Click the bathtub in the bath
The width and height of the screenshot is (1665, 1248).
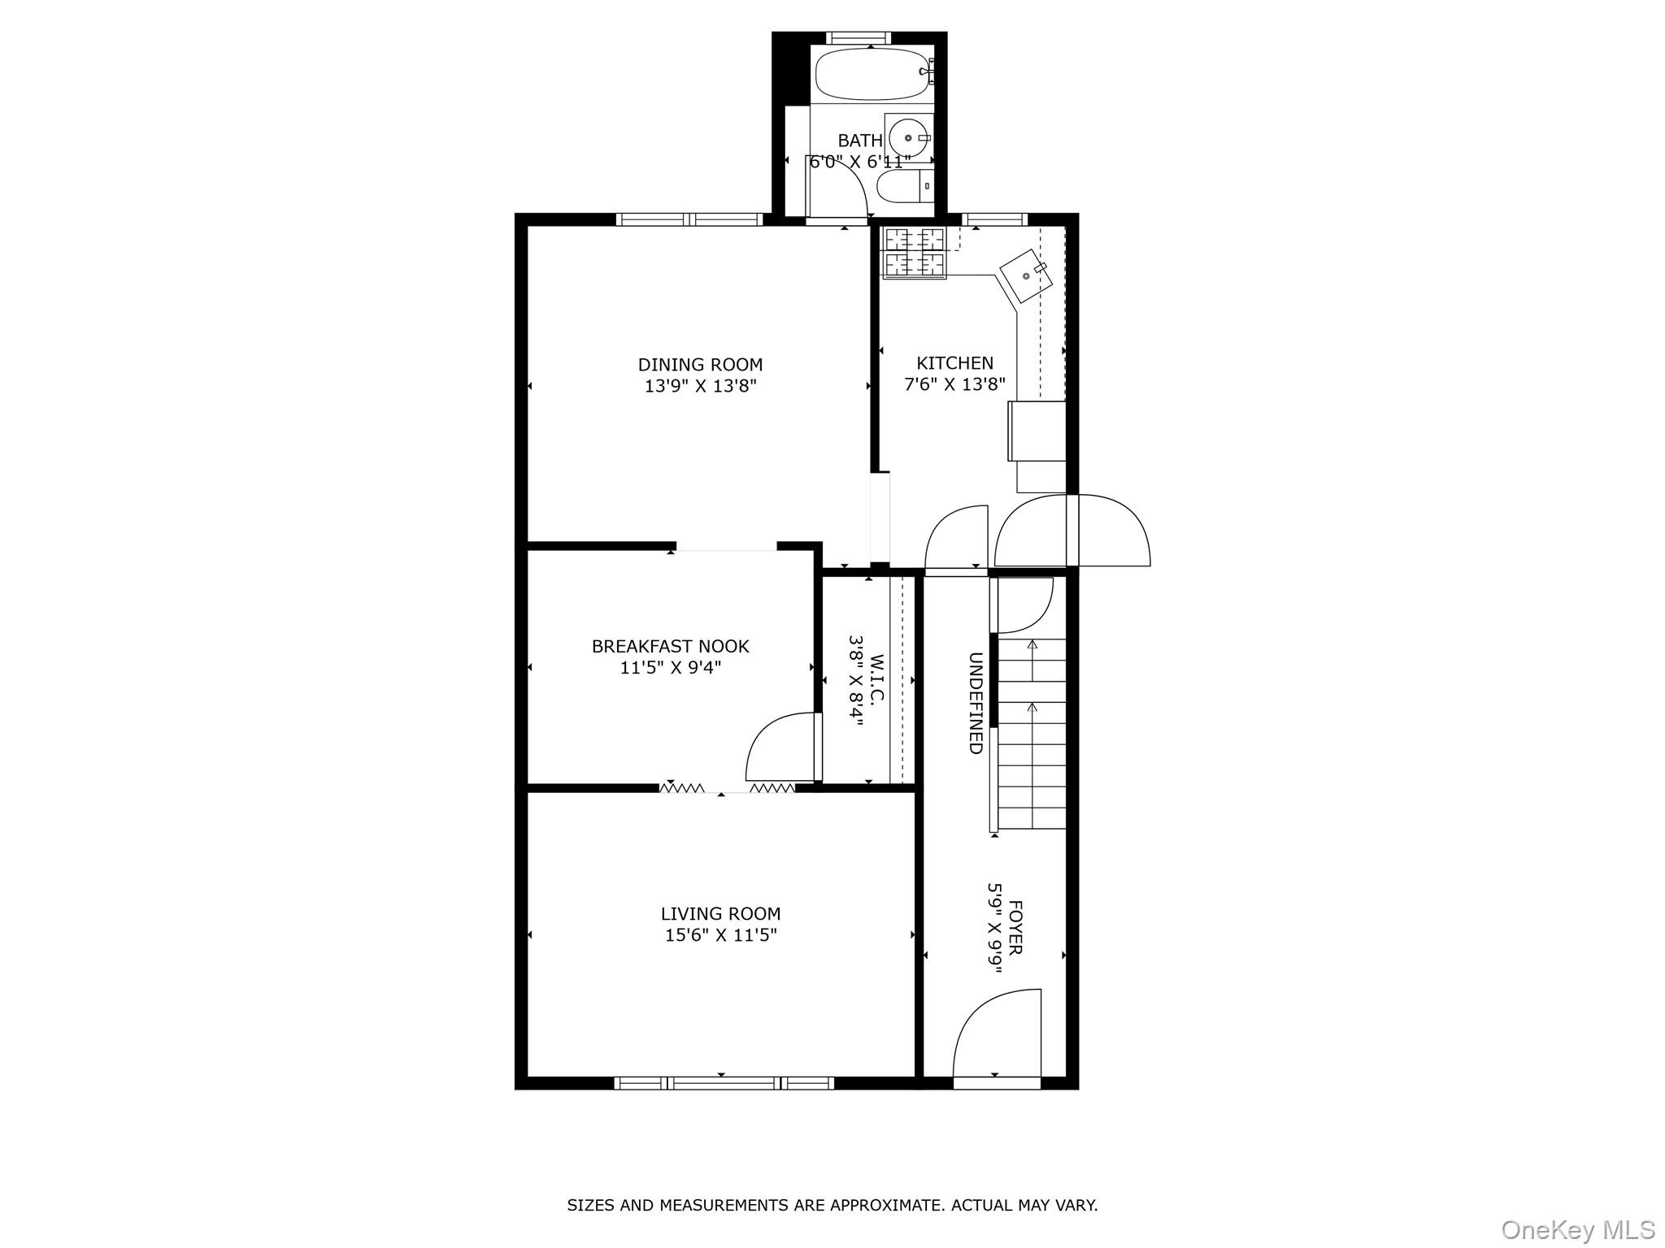[872, 74]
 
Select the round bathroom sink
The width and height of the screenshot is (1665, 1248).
[907, 138]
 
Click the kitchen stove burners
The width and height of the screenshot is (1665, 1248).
[915, 252]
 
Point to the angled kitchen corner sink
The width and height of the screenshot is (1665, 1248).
[1027, 275]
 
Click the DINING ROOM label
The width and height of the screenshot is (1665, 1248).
[700, 365]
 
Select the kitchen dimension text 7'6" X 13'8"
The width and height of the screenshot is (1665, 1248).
[954, 384]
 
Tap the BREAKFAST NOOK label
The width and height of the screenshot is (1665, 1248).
[670, 647]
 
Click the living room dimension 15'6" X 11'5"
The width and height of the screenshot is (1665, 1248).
[720, 935]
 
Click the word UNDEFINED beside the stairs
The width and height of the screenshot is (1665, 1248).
[976, 703]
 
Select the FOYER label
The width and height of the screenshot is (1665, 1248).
[1015, 927]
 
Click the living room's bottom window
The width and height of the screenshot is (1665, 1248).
[724, 1082]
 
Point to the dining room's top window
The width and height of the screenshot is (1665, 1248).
[689, 219]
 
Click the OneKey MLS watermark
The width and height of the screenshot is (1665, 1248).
[1577, 1229]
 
